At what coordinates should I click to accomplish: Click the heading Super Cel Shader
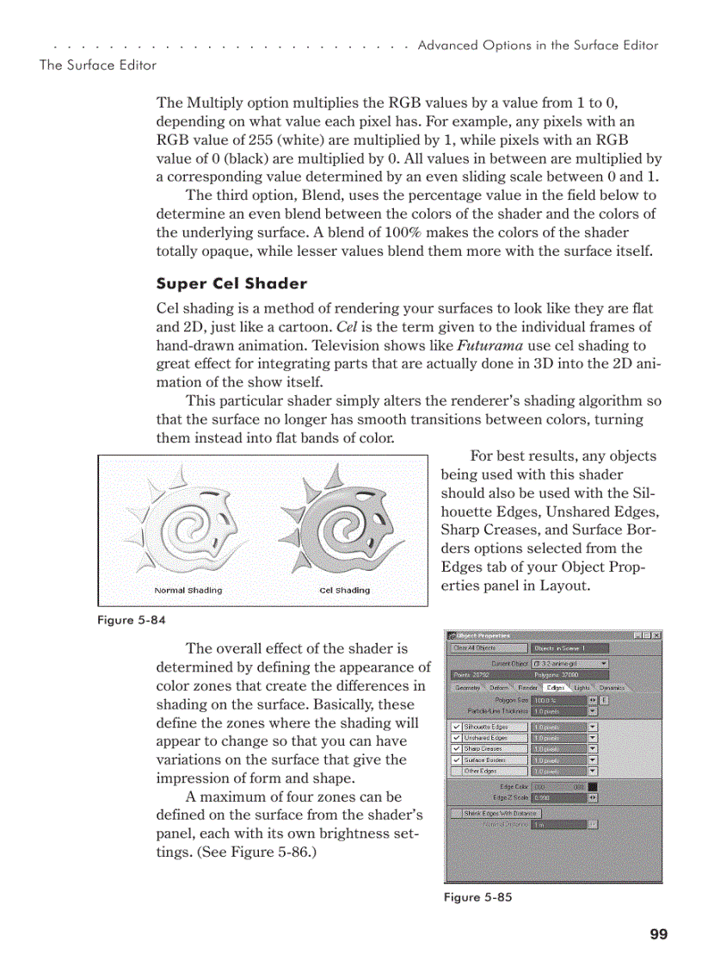[231, 283]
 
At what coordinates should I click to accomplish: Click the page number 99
[659, 934]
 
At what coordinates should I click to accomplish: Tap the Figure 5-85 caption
[477, 897]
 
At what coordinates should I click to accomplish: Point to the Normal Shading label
[188, 591]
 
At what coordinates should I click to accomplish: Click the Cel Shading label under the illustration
[344, 591]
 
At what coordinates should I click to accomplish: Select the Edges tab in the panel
[555, 688]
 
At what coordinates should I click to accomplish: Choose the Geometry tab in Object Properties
[467, 688]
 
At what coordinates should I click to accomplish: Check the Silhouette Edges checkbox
[456, 727]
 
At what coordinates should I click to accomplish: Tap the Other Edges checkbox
[456, 771]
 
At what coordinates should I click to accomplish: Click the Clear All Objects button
[487, 648]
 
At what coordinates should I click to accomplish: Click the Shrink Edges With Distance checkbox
[456, 813]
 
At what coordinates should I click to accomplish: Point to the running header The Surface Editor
[98, 65]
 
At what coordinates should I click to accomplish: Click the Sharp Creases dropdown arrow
[593, 749]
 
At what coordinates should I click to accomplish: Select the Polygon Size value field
[558, 701]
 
